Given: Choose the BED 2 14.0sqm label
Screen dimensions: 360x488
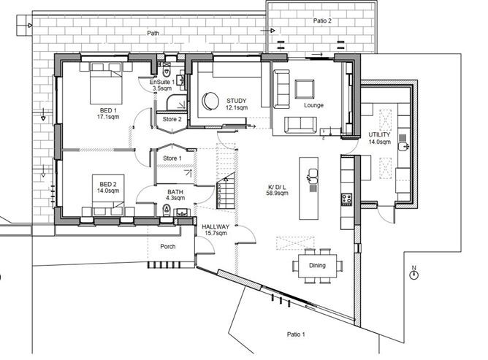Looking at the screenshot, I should click(x=107, y=187).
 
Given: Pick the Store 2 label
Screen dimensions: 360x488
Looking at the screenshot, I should click(x=170, y=118).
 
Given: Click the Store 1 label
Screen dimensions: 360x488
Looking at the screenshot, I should click(x=172, y=158).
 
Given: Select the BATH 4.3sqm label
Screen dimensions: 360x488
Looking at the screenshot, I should click(x=175, y=194).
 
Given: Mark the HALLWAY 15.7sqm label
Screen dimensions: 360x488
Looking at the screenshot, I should click(x=216, y=230).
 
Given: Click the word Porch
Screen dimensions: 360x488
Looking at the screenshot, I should click(x=168, y=246).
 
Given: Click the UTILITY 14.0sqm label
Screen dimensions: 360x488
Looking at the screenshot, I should click(x=381, y=139).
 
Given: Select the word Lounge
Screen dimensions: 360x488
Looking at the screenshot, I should click(x=314, y=105).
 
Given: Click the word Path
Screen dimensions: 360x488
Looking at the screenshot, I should click(x=153, y=33).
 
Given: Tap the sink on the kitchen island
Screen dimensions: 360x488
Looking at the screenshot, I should click(x=313, y=174).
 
